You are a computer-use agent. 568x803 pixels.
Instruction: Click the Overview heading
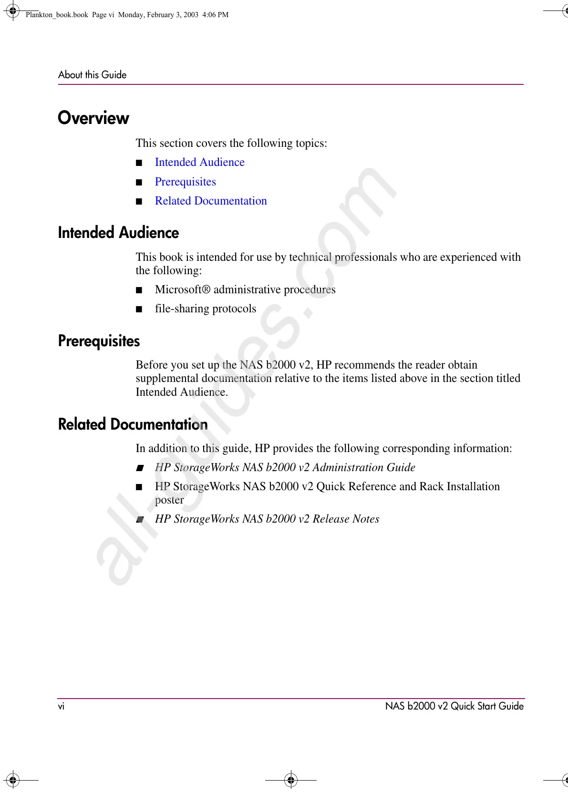pos(93,118)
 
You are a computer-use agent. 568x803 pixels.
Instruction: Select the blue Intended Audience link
pos(199,162)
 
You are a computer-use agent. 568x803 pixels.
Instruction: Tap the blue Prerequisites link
pos(185,182)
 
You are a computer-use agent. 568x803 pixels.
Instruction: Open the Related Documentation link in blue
pos(211,201)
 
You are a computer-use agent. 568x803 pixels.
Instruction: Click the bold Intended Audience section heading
pos(118,233)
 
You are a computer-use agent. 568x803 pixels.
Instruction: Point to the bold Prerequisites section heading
pos(99,341)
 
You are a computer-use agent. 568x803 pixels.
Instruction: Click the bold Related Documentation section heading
pos(133,424)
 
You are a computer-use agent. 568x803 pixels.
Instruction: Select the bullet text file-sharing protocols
pos(205,309)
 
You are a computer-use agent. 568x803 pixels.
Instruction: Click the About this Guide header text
pos(92,75)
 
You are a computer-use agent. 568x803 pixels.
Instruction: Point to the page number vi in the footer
pos(61,706)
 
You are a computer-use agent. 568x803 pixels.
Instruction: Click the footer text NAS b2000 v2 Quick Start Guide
pos(454,706)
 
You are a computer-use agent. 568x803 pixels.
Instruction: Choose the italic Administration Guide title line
pos(285,467)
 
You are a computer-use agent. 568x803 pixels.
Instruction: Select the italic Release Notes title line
pos(267,519)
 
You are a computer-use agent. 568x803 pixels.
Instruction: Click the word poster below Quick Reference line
pos(169,500)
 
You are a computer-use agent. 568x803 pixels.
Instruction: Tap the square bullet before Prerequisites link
pos(139,182)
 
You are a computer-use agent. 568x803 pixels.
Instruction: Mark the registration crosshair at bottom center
pos(290,780)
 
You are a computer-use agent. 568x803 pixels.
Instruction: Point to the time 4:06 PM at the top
pos(215,15)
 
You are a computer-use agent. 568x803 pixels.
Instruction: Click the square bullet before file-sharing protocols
pos(139,309)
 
